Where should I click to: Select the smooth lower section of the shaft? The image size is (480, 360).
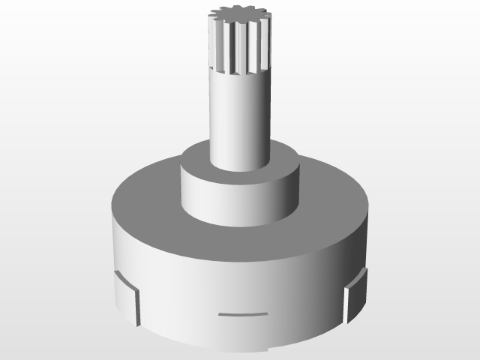tap(238, 120)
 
